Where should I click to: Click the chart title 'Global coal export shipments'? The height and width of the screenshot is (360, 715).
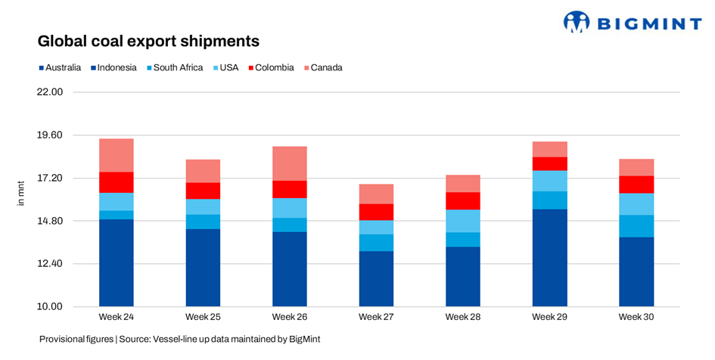148,40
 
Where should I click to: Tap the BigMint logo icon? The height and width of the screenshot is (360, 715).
577,22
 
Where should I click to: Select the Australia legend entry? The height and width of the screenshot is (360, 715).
60,67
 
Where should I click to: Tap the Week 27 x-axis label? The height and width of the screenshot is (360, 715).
376,316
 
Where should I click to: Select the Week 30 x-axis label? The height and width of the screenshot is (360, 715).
636,316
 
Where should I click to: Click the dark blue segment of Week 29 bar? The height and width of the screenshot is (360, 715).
549,257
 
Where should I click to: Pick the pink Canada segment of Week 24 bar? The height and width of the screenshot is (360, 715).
117,155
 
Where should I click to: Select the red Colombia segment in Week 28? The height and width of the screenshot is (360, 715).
463,200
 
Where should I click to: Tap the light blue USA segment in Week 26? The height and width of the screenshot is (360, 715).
290,208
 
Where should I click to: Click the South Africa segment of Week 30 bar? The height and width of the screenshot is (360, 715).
636,226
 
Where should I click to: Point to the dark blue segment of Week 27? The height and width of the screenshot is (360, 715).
376,278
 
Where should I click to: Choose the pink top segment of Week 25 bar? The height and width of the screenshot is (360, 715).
203,171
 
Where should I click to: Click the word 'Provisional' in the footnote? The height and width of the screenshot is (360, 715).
64,340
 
